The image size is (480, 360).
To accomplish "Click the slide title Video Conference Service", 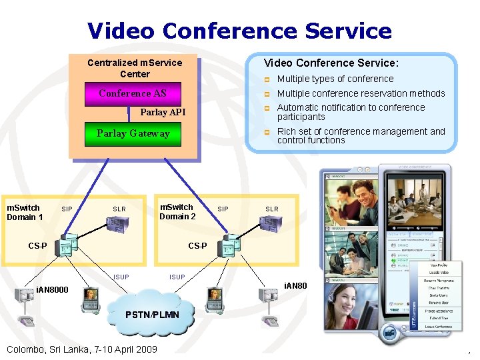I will tap(239, 31).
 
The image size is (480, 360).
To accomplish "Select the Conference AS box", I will tap(132, 93).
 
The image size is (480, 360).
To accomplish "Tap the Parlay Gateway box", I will tap(133, 133).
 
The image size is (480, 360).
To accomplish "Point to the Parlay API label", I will tap(163, 112).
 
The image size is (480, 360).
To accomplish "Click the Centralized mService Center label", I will tap(135, 68).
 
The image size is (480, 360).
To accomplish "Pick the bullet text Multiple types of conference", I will tap(335, 79).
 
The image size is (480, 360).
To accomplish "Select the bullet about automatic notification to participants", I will tap(351, 112).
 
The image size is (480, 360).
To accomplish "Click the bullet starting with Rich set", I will tap(361, 136).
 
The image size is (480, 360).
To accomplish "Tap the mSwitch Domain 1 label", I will tap(25, 212).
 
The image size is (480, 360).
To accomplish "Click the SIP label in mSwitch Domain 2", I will tap(223, 209).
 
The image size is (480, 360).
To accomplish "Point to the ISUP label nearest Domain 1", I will tap(121, 277).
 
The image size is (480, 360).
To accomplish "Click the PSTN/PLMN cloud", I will tap(152, 313).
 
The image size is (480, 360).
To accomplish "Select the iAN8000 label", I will tap(51, 291).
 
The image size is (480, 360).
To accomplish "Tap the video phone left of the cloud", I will tap(90, 299).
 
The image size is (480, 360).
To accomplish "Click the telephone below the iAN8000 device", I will tap(27, 322).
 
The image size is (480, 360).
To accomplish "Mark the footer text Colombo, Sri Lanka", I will tap(81, 349).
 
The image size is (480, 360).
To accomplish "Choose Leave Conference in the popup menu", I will tap(439, 327).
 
